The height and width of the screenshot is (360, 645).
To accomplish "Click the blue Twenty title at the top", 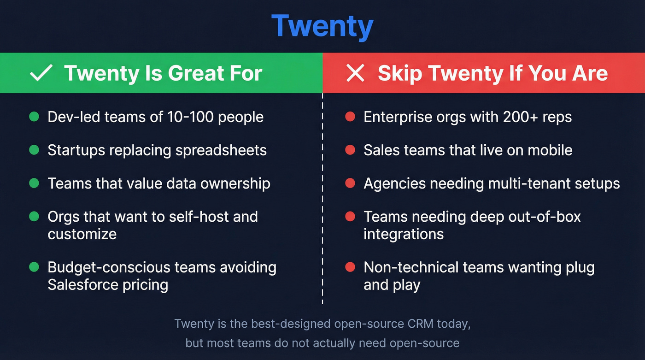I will pos(322,26).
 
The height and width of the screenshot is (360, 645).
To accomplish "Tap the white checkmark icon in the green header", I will pos(41,73).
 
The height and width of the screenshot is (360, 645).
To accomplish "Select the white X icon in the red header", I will pos(355,73).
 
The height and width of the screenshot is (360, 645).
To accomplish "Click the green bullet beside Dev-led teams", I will pos(34,117).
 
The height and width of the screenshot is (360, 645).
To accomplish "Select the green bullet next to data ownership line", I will pos(34,183).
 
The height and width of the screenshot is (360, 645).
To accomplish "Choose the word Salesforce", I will pos(83,285).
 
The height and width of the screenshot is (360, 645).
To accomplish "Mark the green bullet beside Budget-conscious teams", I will pos(34,267).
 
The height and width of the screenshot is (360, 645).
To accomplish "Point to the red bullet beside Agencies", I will pos(350,183).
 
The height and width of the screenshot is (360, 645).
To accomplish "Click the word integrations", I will pos(404,234).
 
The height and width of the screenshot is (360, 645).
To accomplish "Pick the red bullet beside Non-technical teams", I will pos(350,267).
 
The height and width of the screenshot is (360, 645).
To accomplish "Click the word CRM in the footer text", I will pos(421,324).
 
